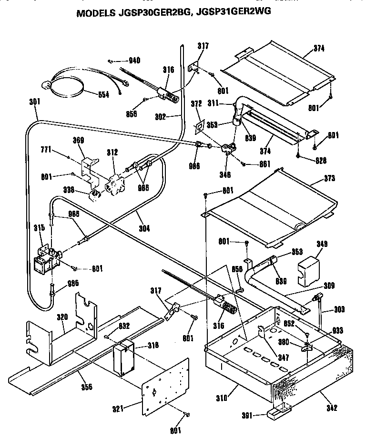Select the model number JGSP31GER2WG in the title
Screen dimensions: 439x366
(232, 13)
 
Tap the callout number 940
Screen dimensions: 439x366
(134, 61)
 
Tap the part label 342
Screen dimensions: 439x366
(332, 408)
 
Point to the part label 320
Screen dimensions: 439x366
(63, 316)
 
